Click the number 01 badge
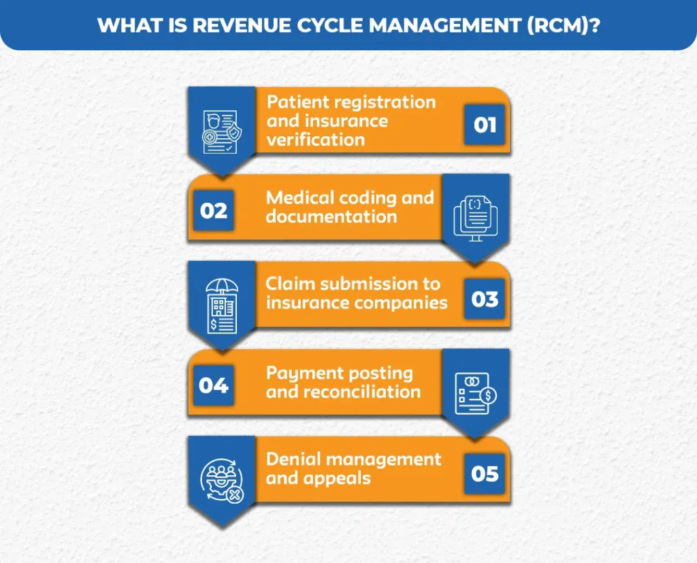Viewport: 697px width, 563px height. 485,125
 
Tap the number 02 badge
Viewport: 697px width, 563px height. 214,211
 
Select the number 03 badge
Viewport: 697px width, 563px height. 485,299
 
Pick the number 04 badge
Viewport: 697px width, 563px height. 214,386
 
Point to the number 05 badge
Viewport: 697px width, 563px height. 485,473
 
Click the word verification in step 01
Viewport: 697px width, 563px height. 316,140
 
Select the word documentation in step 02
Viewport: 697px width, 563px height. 331,216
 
